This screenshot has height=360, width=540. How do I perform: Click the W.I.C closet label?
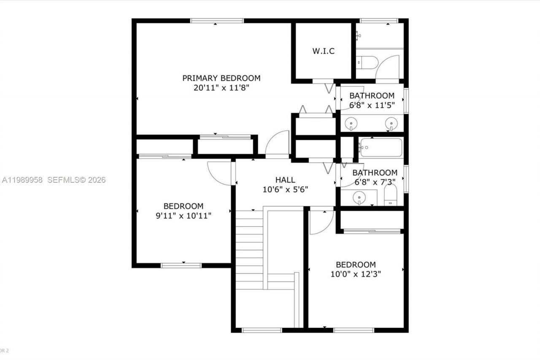click(324, 51)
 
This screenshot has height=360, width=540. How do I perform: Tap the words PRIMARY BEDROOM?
click(221, 78)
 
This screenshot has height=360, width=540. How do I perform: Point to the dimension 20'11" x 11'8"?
click(221, 88)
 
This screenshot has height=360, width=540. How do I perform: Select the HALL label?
click(285, 180)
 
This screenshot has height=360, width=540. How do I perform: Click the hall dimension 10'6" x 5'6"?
click(285, 189)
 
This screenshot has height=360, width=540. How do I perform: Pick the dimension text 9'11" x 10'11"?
click(184, 216)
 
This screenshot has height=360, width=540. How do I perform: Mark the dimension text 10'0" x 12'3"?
click(356, 274)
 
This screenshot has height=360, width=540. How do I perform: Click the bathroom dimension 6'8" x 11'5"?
click(372, 105)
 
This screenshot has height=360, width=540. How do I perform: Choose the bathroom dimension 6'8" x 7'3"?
click(375, 182)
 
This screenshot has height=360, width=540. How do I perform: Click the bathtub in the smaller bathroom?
click(381, 147)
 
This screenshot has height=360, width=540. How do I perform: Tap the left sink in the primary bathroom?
click(351, 123)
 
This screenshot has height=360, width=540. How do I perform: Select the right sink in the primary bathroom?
click(391, 123)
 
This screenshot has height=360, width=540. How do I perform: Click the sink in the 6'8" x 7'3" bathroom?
click(359, 197)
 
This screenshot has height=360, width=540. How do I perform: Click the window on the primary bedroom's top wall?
click(217, 21)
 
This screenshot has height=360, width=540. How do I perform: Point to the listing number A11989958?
click(22, 180)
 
